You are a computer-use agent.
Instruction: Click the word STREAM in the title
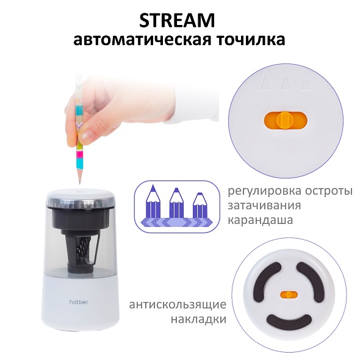tap(177, 20)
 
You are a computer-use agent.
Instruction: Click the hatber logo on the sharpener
tap(79, 302)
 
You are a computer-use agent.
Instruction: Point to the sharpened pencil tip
tap(80, 183)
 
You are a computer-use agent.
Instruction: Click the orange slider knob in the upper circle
tap(285, 120)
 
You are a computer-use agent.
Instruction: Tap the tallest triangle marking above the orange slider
tap(265, 82)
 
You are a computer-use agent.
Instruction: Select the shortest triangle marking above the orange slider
tap(306, 85)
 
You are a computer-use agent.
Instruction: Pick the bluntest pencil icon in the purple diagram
tap(200, 205)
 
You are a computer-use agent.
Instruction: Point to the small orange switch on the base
tap(289, 295)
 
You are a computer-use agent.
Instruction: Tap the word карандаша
tap(261, 220)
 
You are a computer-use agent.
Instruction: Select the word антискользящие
tap(178, 305)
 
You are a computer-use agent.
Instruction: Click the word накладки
tap(198, 319)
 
